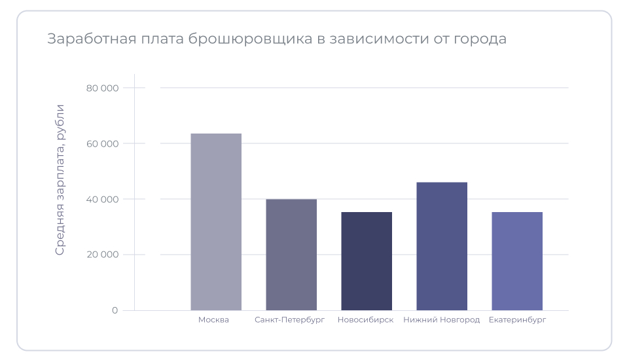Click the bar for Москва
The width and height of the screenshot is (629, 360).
click(x=216, y=222)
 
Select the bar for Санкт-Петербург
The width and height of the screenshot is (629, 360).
click(x=291, y=255)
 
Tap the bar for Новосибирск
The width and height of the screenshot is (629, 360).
click(x=367, y=261)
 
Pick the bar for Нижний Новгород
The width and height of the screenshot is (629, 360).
click(x=442, y=246)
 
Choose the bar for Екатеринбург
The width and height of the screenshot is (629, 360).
click(x=517, y=261)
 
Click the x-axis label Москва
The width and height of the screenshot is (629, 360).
click(x=213, y=320)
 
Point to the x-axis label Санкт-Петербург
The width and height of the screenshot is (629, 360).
click(x=289, y=320)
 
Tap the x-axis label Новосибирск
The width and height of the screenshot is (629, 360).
click(x=365, y=320)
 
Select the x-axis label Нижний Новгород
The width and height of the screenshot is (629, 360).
click(x=442, y=320)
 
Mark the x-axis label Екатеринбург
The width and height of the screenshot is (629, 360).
click(x=517, y=320)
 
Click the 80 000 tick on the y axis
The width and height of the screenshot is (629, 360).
click(x=102, y=88)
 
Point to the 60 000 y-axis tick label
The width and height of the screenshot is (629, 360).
click(x=102, y=143)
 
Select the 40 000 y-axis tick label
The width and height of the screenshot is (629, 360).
click(x=102, y=199)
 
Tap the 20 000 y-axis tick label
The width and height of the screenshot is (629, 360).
click(x=102, y=255)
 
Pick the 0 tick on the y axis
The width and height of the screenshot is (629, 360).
click(x=115, y=310)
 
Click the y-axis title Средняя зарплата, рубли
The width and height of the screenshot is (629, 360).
click(x=60, y=179)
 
